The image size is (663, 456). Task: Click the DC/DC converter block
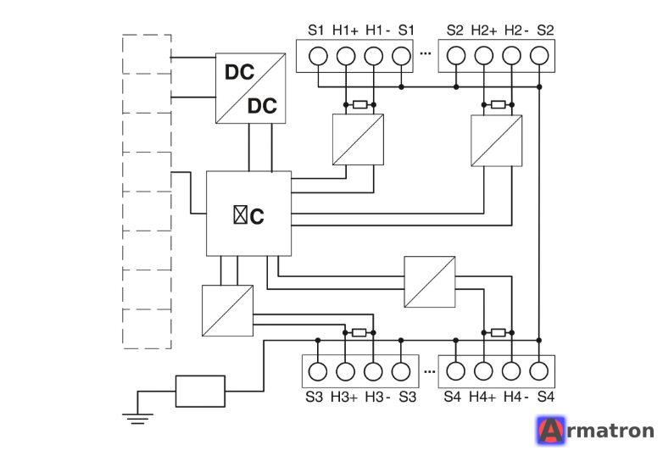pos(250,88)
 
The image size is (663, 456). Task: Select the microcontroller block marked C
pos(248,214)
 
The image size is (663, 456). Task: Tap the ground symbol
pos(137,419)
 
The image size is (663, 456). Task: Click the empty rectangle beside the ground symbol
pos(200,392)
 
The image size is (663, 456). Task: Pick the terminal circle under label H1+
pos(346,56)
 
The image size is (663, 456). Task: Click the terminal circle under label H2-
pos(511,56)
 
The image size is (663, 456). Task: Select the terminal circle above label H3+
pos(345,372)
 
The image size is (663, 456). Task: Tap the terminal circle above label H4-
pos(511,371)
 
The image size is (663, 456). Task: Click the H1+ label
pos(345,30)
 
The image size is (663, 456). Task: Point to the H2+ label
pos(484,30)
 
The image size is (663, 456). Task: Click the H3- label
pos(377,397)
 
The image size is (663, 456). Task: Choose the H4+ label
pos(482,397)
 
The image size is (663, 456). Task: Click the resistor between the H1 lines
pos(359,104)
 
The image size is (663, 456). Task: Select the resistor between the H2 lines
pos(498,104)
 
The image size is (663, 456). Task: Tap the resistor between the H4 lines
pos(498,332)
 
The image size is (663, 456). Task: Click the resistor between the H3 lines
pos(359,332)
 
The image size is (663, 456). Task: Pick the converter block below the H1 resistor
pos(358,140)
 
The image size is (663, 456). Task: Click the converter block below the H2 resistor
pos(497,141)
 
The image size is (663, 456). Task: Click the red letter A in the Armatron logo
pos(551,431)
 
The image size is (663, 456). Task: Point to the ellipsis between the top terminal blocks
pos(426,53)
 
